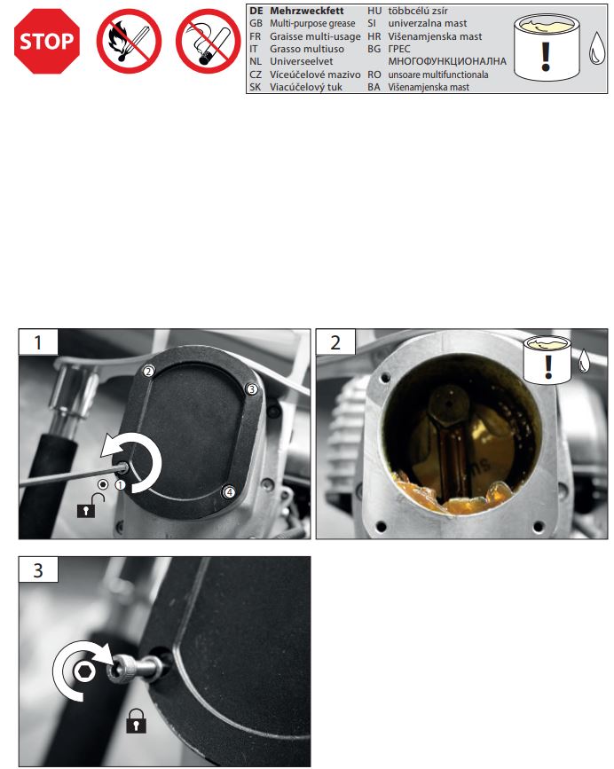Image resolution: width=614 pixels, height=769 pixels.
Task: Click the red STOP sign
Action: [47, 41]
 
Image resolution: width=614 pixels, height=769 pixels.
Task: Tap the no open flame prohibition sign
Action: [129, 41]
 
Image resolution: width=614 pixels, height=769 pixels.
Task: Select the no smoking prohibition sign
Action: [208, 41]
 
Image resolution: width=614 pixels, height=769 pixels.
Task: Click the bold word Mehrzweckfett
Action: [306, 11]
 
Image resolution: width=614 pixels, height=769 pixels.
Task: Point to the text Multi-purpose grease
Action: [312, 23]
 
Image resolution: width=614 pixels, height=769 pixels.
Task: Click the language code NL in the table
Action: [256, 61]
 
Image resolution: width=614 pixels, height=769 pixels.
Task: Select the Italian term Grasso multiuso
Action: [306, 49]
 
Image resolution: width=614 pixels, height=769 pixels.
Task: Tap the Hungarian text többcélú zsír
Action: [418, 11]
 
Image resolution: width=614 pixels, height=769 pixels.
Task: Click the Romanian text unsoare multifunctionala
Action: [438, 75]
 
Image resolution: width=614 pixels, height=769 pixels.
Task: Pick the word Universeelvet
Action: [301, 61]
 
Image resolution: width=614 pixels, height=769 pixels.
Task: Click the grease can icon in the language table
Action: [547, 47]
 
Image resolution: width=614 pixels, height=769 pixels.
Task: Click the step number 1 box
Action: [38, 341]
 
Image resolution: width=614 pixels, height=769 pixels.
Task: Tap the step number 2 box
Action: [335, 341]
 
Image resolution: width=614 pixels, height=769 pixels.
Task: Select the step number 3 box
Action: [38, 570]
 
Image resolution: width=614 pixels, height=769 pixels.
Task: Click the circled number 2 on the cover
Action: [148, 372]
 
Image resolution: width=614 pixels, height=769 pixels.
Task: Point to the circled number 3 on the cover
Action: [252, 388]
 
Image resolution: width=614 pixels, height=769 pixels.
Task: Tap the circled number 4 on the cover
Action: [229, 492]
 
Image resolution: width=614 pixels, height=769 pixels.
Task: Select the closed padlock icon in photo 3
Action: [136, 720]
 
